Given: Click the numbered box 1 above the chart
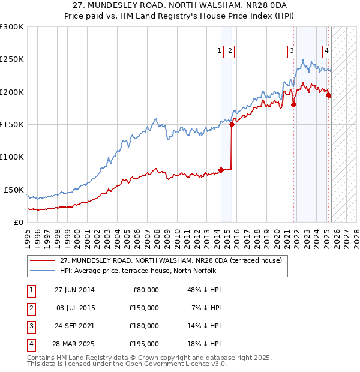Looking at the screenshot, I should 220,51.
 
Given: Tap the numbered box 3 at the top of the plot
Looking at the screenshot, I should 292,51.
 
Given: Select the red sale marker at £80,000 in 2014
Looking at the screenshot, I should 221,170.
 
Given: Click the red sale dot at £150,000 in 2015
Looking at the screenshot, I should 231,124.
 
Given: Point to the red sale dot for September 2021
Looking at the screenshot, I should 294,104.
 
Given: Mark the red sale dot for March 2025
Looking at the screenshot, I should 329,95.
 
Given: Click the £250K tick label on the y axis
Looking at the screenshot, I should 12,59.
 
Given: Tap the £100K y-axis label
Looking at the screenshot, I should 12,157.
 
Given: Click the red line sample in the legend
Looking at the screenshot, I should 42,260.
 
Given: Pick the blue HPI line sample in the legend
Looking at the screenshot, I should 42,270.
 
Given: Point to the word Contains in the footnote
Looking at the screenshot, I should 42,358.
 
